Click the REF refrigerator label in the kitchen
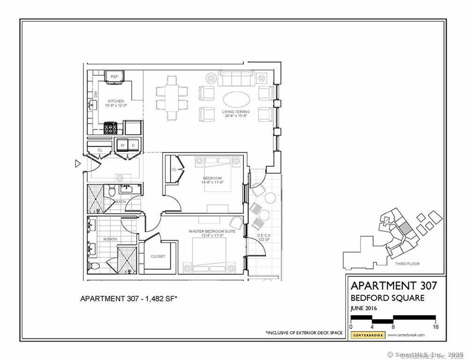click(114, 76)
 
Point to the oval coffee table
click(237, 99)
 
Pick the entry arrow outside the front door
click(78, 164)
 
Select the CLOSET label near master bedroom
click(158, 256)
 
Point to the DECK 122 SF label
click(264, 237)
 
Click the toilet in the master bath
click(93, 266)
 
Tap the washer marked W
click(122, 145)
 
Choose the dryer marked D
click(133, 145)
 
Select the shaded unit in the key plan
click(403, 230)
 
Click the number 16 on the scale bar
click(436, 327)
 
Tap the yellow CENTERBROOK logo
click(368, 335)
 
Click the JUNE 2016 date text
click(364, 308)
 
